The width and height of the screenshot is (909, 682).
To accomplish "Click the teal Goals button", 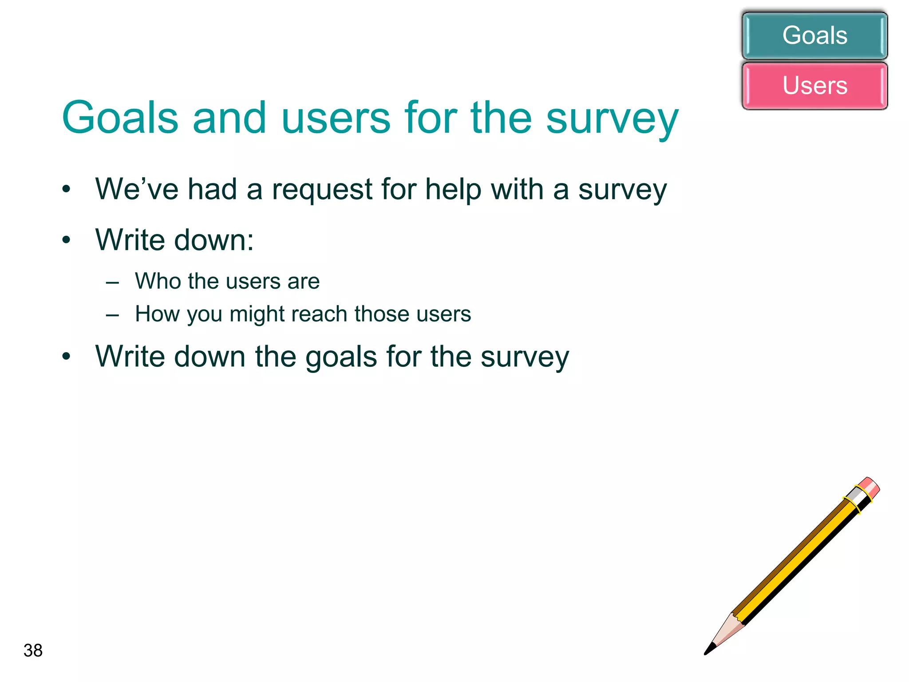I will coord(814,36).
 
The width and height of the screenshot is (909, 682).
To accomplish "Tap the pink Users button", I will coord(814,85).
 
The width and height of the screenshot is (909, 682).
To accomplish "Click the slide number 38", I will coord(33,650).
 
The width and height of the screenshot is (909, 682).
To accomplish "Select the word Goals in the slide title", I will coord(120,118).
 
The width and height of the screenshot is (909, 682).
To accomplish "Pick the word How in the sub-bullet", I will coord(157,314).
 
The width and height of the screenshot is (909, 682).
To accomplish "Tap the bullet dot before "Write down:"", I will coord(67,240).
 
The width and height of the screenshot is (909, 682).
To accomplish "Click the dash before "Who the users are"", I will coord(112,282).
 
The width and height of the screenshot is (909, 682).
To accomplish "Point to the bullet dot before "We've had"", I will coord(67,189).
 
